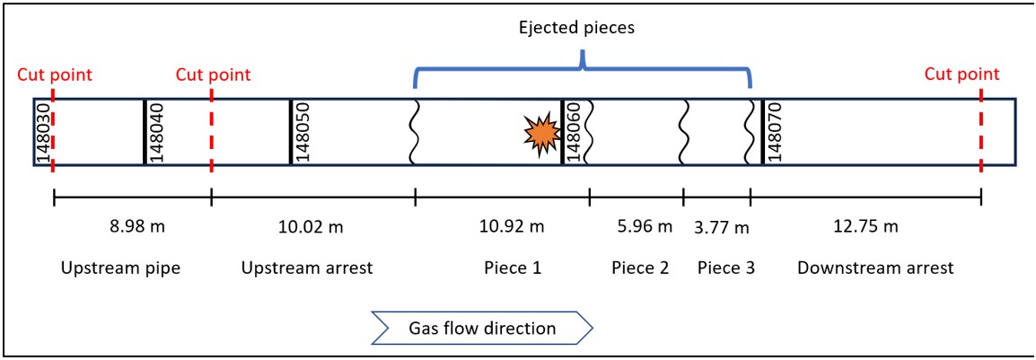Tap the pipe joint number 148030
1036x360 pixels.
point(42,132)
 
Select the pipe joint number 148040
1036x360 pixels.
point(156,132)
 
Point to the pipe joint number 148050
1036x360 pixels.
point(303,132)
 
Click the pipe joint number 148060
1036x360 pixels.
point(574,132)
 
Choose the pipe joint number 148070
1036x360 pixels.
point(775,132)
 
